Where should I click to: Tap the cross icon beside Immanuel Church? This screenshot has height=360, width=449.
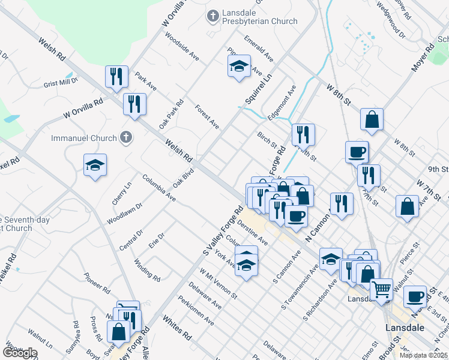(125, 138)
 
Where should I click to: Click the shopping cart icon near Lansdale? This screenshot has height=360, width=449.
(381, 290)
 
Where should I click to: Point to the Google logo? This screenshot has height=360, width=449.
(20, 353)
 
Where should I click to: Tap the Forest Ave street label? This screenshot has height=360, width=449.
(207, 116)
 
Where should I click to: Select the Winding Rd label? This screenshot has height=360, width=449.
(146, 270)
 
